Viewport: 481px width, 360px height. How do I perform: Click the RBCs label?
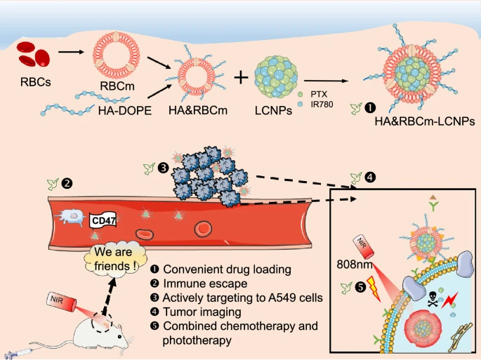36,81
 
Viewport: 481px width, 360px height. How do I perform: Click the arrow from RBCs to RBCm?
70,51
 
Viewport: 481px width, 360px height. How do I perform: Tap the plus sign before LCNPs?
240,77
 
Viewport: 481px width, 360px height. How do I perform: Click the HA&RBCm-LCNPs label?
425,121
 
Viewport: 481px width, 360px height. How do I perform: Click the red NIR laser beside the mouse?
58,302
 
